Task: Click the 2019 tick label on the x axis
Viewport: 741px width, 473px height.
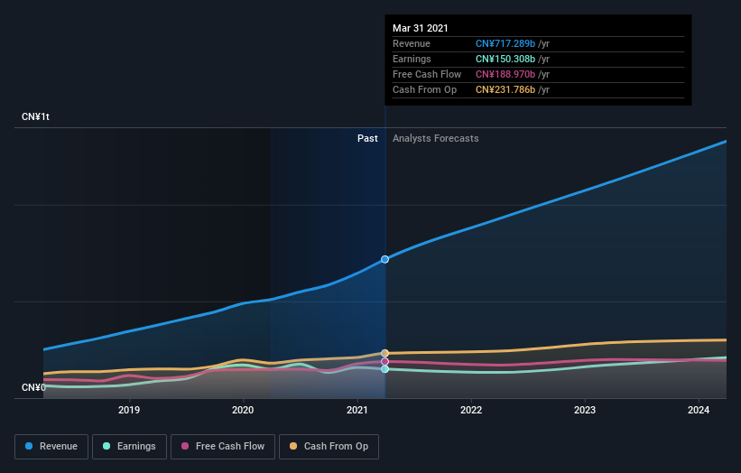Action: coord(129,410)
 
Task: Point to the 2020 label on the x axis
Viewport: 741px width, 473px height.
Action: coord(243,410)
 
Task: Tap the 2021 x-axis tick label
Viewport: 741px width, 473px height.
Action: coord(357,410)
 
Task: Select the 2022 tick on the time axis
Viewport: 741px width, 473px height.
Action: coord(471,410)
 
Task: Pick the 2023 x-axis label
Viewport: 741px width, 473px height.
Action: coord(585,410)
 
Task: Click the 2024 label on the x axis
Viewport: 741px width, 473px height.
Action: coord(699,410)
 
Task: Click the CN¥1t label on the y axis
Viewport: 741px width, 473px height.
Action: coord(37,117)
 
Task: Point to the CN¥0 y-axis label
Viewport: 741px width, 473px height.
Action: coord(33,387)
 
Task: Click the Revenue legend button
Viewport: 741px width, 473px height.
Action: coord(51,446)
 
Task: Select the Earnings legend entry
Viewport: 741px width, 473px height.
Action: coord(130,446)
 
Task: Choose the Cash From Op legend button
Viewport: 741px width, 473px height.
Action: coord(329,446)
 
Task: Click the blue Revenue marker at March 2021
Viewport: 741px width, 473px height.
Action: coord(385,259)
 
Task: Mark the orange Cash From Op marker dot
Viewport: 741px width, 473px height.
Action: coord(385,353)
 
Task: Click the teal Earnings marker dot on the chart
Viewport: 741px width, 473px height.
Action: coord(385,369)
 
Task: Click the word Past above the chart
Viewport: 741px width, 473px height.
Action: coord(367,138)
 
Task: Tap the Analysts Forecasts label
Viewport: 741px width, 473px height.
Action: coord(435,138)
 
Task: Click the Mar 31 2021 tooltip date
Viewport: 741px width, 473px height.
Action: coord(420,29)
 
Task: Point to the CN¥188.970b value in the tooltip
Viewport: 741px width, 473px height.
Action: coord(506,74)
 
